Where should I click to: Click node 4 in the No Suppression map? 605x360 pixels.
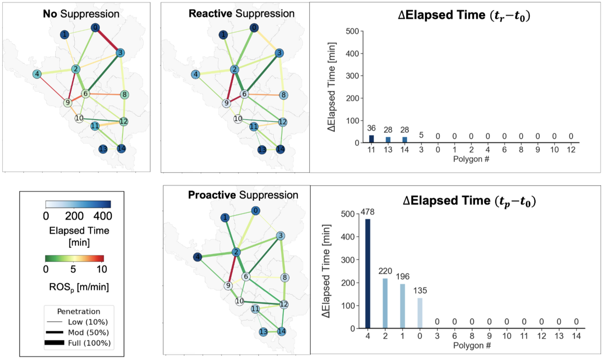pyautogui.click(x=38, y=74)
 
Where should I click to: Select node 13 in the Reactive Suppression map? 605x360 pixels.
pyautogui.click(x=262, y=149)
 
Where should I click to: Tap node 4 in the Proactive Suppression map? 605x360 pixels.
pyautogui.click(x=198, y=257)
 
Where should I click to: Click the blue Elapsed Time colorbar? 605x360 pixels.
pyautogui.click(x=78, y=204)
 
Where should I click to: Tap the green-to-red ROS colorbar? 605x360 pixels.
pyautogui.click(x=75, y=258)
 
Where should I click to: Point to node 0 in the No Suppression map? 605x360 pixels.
pyautogui.click(x=95, y=27)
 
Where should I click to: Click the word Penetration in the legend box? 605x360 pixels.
pyautogui.click(x=78, y=312)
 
